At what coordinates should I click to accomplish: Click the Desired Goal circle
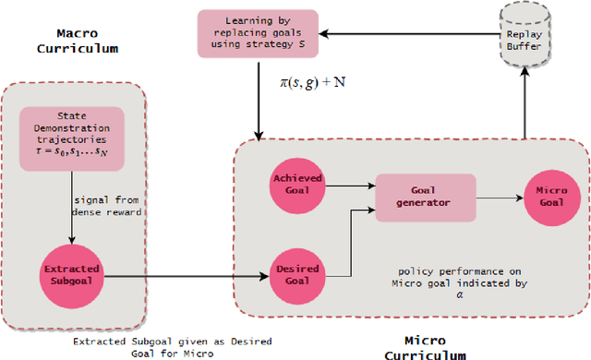pos(297,273)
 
